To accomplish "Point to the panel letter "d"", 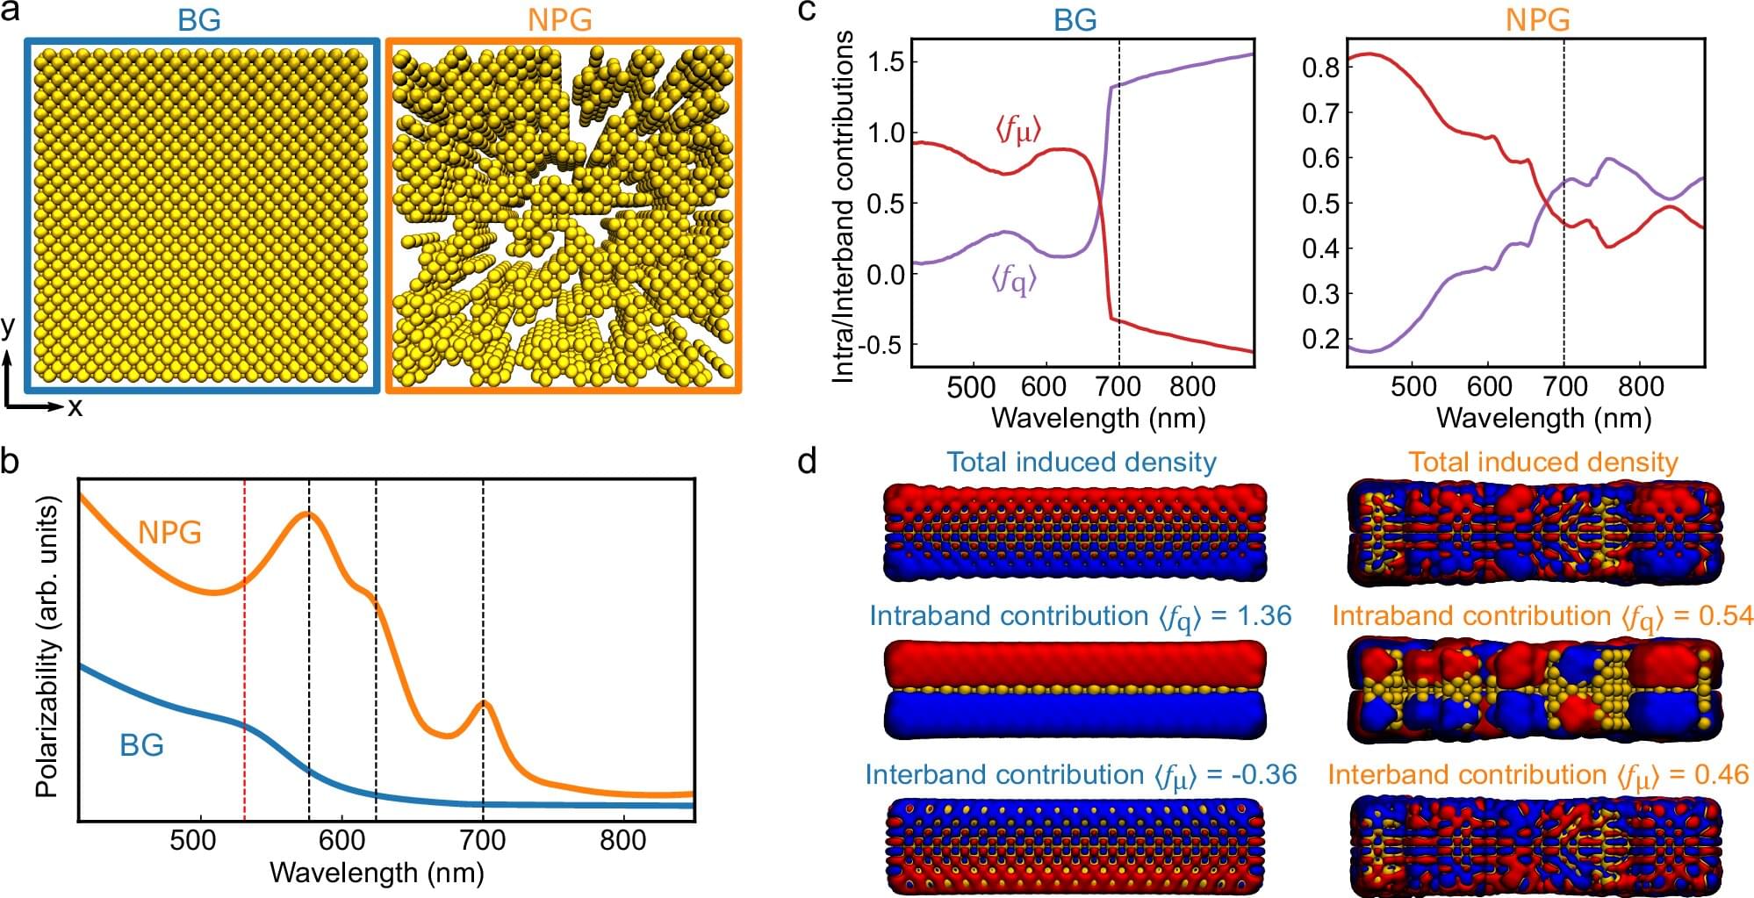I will click(807, 460).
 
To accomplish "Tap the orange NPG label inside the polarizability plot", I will click(169, 532).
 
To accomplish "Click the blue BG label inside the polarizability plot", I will click(141, 745).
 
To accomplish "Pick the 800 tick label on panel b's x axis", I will click(622, 840).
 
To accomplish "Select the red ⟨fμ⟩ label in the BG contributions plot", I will click(1018, 131).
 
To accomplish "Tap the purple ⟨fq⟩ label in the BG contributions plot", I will click(1014, 280).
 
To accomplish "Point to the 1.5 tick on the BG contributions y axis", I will click(887, 62).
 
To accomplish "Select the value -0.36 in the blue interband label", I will click(1255, 774).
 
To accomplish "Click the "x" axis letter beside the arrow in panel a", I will click(75, 407).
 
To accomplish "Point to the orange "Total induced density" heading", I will click(1542, 462).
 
